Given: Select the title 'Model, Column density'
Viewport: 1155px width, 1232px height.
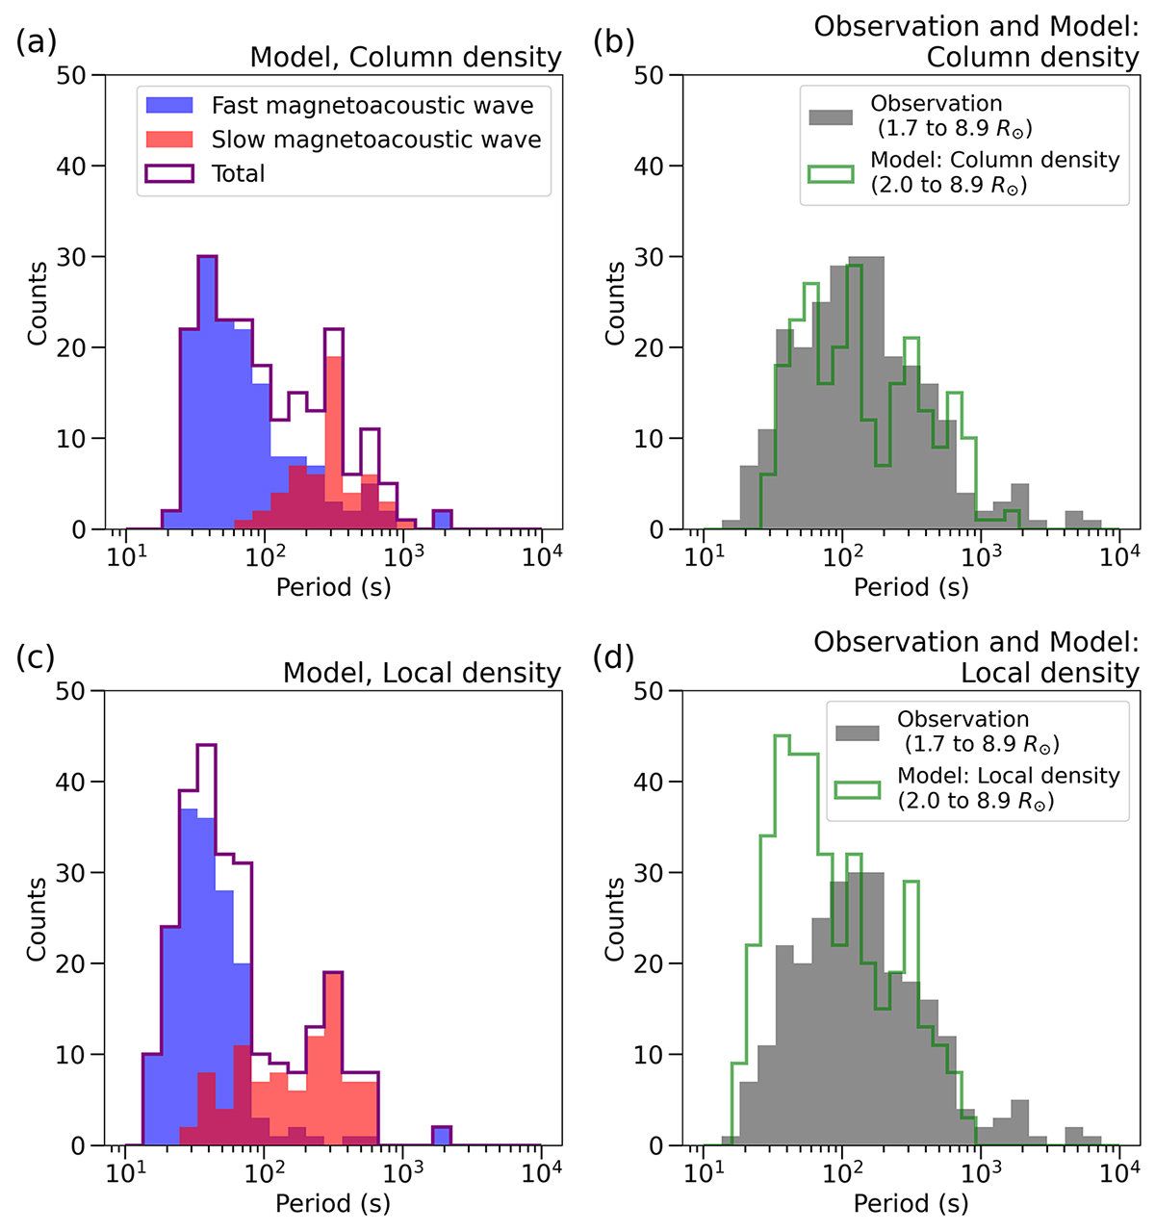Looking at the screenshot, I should [405, 57].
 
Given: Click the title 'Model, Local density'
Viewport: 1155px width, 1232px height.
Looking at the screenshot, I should [422, 673].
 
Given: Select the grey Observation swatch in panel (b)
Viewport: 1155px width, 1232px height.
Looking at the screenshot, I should [831, 116].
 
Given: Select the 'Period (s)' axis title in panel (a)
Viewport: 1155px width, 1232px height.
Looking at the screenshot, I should [333, 587].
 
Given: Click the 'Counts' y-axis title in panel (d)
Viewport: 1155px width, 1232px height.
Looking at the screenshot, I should [614, 918].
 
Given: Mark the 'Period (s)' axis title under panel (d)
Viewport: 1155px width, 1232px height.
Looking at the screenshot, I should [911, 1203].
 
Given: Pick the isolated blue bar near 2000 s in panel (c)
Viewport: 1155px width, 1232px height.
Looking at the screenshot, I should [442, 1137].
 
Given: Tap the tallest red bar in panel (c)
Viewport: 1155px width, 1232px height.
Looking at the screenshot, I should [334, 1059].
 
